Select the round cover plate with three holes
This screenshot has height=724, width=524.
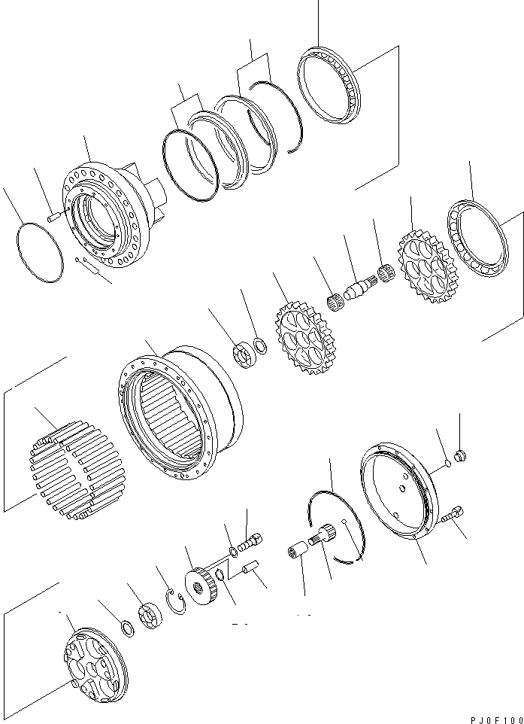pyautogui.click(x=398, y=492)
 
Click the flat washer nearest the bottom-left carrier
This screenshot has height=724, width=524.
pyautogui.click(x=128, y=630)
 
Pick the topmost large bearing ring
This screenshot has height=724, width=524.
pyautogui.click(x=329, y=85)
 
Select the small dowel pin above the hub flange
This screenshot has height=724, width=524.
pyautogui.click(x=53, y=217)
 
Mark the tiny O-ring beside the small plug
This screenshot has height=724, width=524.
pyautogui.click(x=448, y=463)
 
